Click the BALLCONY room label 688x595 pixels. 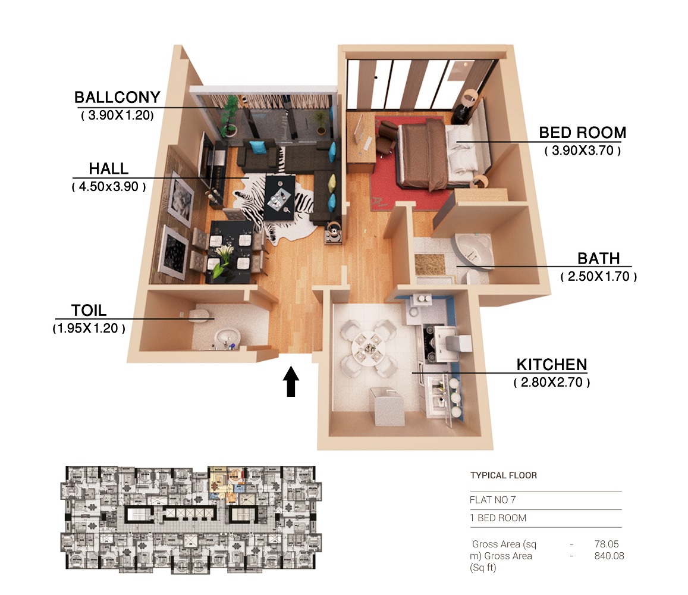coord(117,97)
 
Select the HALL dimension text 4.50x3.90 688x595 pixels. coord(109,186)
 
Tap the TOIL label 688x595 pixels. coord(89,311)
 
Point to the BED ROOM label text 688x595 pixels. coord(582,133)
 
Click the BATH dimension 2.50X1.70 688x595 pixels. coord(598,276)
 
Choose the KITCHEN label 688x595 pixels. coord(552,365)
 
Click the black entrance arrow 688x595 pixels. coord(291,381)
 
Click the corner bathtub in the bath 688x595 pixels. coord(474,250)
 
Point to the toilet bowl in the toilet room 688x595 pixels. coord(199,315)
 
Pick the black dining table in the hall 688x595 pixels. coord(231,252)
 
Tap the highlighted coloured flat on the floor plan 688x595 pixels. coord(227,484)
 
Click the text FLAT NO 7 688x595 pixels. coord(493,500)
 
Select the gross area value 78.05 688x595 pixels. coord(607,544)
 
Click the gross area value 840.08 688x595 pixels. coord(609,556)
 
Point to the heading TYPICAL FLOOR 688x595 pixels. coord(504,475)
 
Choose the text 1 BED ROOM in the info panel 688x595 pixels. coord(498,518)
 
